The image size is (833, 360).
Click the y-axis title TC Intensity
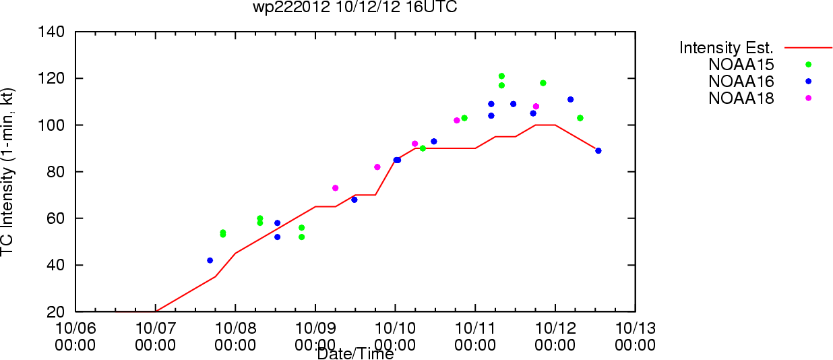pos(9,171)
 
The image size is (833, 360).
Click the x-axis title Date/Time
pos(355,353)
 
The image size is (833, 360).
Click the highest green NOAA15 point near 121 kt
pos(501,76)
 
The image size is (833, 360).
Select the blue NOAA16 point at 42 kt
pos(210,260)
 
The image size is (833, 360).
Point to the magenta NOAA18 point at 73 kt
pos(335,188)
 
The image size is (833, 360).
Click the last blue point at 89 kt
pos(598,150)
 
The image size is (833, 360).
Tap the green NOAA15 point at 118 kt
pos(543,83)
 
